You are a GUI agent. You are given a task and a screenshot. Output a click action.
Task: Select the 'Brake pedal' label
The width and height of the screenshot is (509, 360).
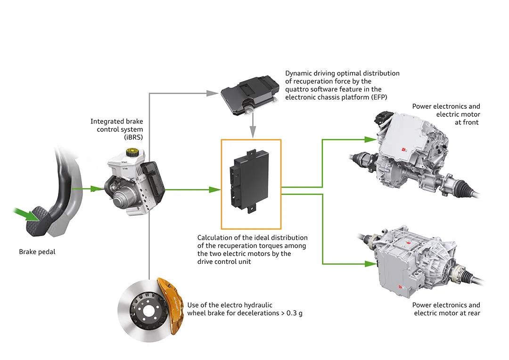pyautogui.click(x=37, y=252)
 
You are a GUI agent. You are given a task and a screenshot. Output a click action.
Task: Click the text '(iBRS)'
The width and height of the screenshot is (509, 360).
pyautogui.click(x=133, y=137)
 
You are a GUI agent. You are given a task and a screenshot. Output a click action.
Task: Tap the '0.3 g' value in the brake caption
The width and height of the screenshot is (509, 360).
pyautogui.click(x=294, y=313)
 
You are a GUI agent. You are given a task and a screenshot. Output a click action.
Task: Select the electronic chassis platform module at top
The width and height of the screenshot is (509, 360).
pyautogui.click(x=250, y=95)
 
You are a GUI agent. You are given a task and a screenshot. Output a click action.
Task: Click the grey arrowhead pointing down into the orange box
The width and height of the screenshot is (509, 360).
pyautogui.click(x=253, y=132)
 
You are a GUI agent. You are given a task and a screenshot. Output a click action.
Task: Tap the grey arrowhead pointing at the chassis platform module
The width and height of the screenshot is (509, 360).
pyautogui.click(x=213, y=93)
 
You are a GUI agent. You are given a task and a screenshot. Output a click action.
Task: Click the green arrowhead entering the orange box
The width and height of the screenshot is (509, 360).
pyautogui.click(x=215, y=189)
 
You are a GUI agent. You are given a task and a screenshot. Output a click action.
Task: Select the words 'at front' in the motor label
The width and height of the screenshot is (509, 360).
pyautogui.click(x=467, y=123)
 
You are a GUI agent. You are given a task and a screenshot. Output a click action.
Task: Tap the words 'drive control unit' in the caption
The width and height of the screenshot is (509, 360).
pyautogui.click(x=224, y=262)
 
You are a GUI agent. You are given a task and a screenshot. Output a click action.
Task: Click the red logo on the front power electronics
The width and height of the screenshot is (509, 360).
pyautogui.click(x=404, y=150)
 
